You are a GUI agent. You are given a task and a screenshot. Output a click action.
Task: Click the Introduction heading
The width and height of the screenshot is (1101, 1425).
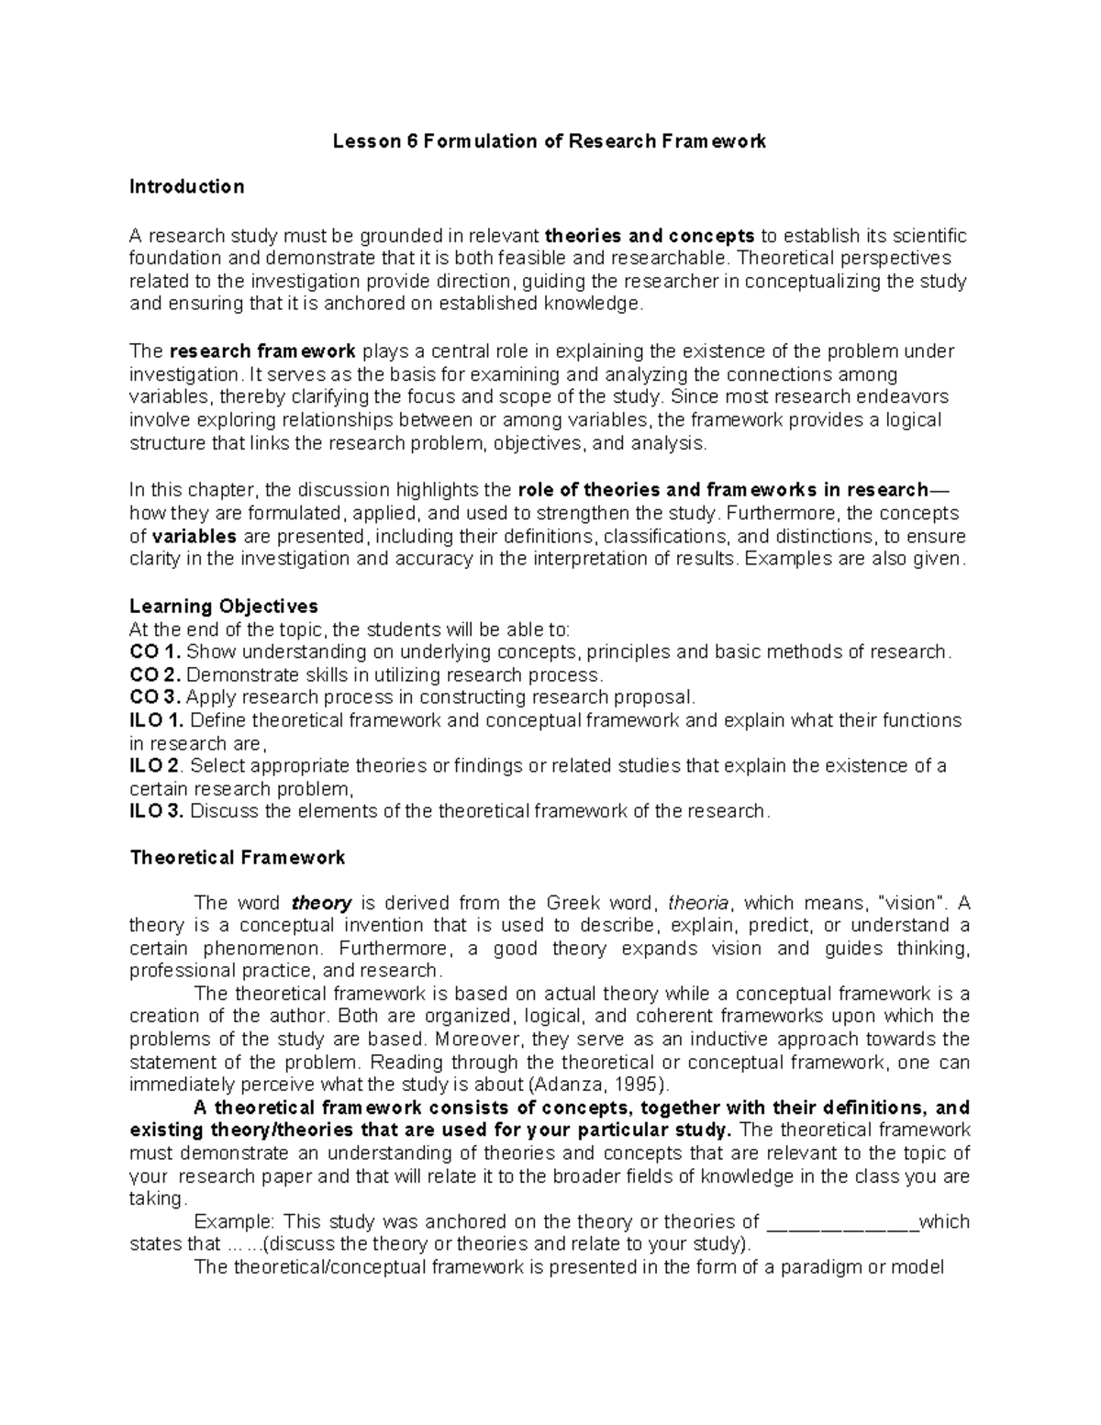(x=187, y=187)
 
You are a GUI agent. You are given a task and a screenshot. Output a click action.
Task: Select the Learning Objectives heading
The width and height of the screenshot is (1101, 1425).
(x=224, y=607)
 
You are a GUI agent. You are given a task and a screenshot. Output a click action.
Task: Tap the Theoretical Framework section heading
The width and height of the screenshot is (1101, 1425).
(x=238, y=858)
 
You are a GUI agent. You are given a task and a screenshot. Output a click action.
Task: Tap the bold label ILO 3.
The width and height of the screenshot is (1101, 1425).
(x=157, y=811)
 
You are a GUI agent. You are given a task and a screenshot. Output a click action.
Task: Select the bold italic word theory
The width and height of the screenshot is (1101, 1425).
(x=321, y=903)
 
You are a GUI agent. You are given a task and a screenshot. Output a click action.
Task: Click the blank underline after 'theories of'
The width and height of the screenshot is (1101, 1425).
(x=841, y=1222)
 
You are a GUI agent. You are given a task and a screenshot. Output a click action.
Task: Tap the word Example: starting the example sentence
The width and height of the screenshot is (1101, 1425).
(x=235, y=1222)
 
